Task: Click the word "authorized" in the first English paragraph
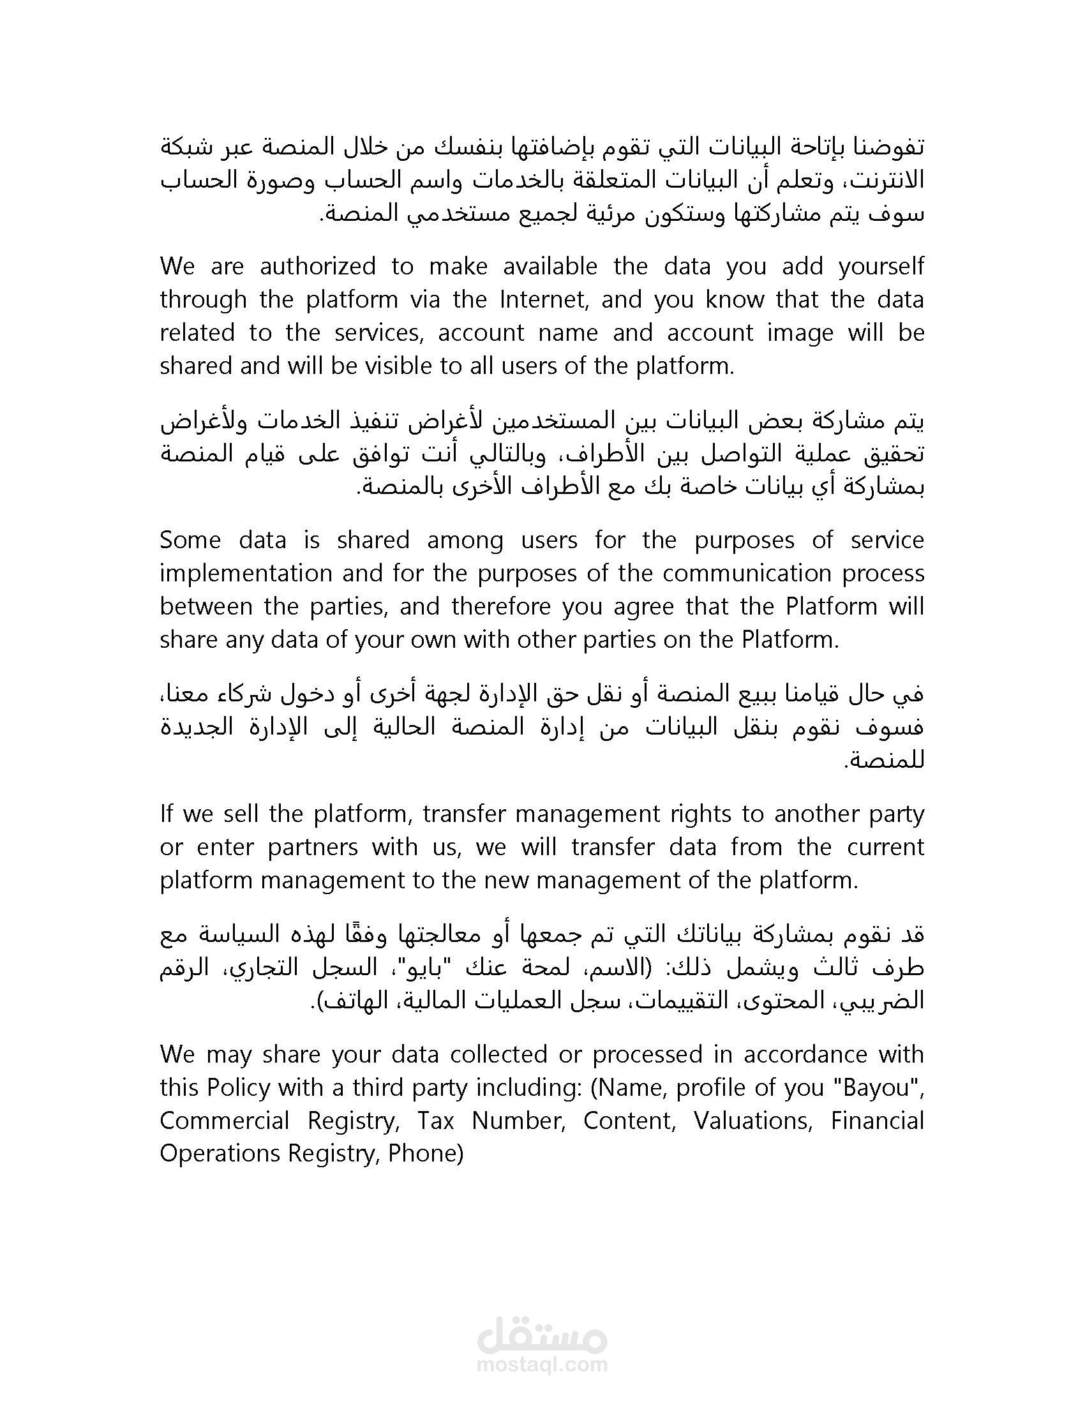318,266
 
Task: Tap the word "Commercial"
225,1121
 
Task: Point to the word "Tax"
436,1121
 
